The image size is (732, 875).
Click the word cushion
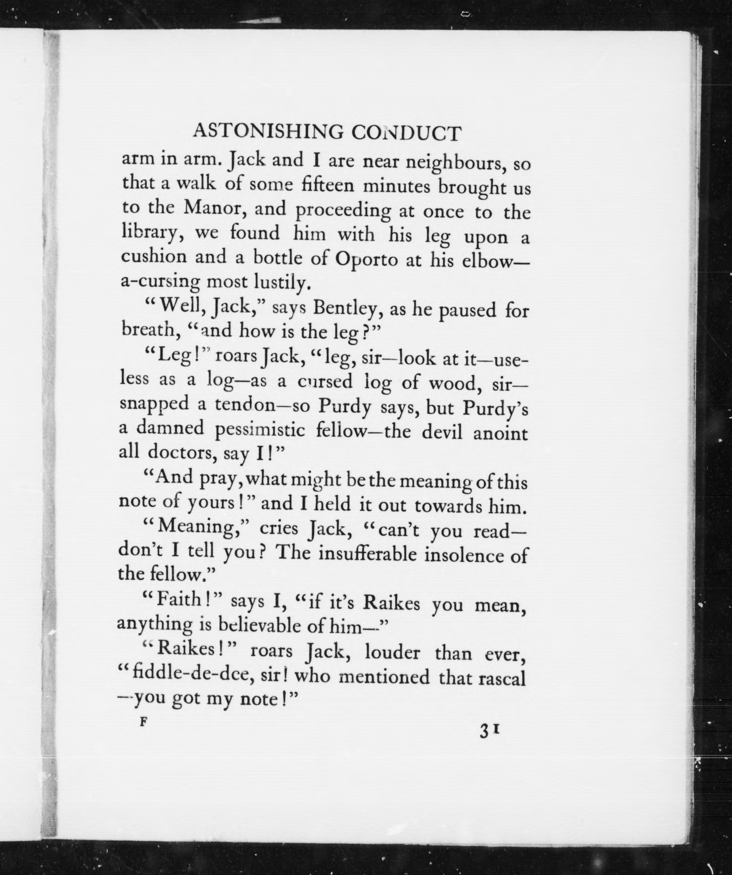tap(154, 256)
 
